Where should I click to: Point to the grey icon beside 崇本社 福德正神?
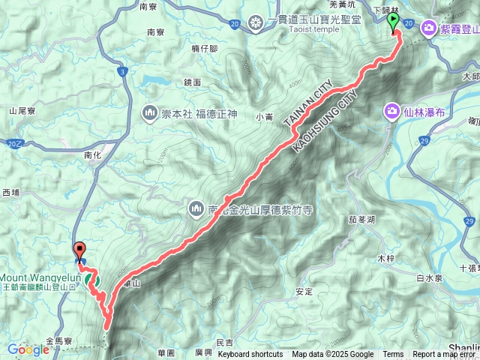(x=149, y=114)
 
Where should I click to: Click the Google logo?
(x=28, y=349)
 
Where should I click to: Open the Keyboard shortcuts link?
(x=250, y=355)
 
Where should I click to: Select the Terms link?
(x=393, y=355)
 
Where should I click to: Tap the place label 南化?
(x=93, y=155)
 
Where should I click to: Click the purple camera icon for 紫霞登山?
(x=430, y=28)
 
